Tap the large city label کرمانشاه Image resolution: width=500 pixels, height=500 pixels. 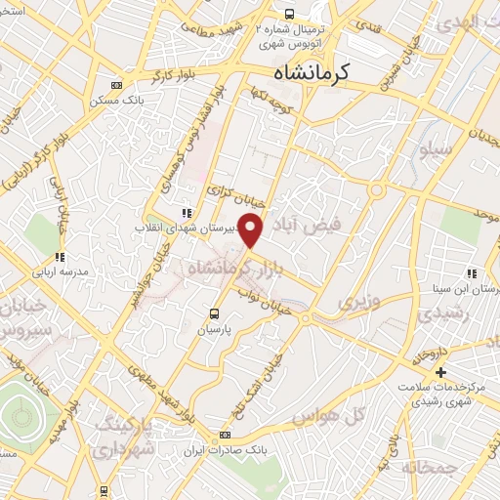pyautogui.click(x=313, y=71)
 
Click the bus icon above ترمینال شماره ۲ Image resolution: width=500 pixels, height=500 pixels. pyautogui.click(x=289, y=14)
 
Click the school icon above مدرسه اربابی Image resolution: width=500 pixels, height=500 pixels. pyautogui.click(x=60, y=258)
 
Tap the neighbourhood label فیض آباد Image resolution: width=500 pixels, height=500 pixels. pyautogui.click(x=317, y=222)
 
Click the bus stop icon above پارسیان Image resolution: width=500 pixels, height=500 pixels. pyautogui.click(x=215, y=313)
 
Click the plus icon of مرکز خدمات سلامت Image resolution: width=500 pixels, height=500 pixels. pyautogui.click(x=440, y=372)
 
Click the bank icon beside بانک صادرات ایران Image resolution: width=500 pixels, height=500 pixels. pyautogui.click(x=226, y=435)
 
